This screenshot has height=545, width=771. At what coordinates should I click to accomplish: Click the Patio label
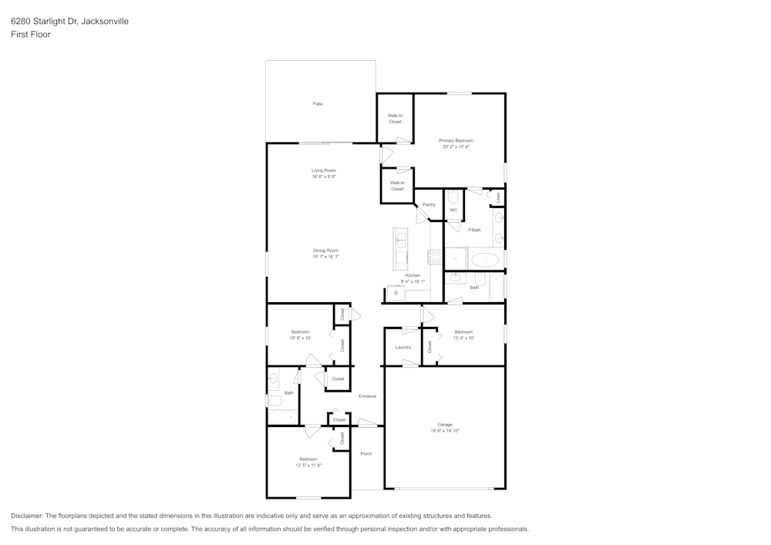pyautogui.click(x=318, y=103)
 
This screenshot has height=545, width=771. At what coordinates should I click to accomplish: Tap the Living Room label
pyautogui.click(x=324, y=170)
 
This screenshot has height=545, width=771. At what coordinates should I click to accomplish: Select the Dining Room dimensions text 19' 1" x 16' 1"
pyautogui.click(x=325, y=257)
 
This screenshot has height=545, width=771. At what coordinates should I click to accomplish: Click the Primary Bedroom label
pyautogui.click(x=456, y=140)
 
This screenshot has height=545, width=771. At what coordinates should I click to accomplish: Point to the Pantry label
pyautogui.click(x=429, y=204)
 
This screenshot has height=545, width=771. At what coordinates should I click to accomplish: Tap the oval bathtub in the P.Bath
pyautogui.click(x=484, y=259)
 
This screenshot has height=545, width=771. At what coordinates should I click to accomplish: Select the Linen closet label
pyautogui.click(x=499, y=197)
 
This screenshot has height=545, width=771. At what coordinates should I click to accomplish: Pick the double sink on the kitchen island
pyautogui.click(x=401, y=244)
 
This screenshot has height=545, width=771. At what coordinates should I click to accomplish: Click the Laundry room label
pyautogui.click(x=403, y=347)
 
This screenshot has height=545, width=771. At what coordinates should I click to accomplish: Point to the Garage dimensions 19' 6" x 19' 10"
pyautogui.click(x=445, y=431)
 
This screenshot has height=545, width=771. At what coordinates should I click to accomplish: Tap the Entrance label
pyautogui.click(x=367, y=396)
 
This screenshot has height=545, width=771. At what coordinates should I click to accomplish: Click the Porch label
pyautogui.click(x=366, y=453)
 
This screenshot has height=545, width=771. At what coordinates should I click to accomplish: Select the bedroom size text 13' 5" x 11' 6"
pyautogui.click(x=308, y=465)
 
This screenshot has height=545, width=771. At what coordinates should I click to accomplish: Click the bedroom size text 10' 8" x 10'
pyautogui.click(x=300, y=338)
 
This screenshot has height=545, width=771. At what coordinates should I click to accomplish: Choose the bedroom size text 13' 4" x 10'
pyautogui.click(x=463, y=338)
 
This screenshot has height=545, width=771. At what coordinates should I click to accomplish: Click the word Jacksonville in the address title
pyautogui.click(x=104, y=22)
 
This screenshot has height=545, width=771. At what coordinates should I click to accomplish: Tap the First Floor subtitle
pyautogui.click(x=31, y=35)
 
